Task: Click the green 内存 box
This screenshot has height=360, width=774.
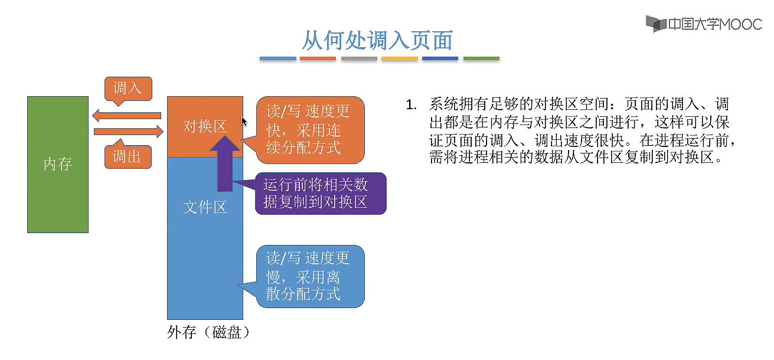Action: click(x=57, y=165)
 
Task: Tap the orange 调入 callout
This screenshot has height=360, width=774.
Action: click(x=128, y=89)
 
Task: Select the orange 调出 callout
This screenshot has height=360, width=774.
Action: click(x=128, y=157)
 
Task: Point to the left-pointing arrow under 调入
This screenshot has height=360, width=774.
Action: click(x=127, y=115)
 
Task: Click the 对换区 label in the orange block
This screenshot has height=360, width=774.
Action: click(x=204, y=126)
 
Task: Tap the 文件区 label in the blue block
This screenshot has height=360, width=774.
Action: click(x=204, y=207)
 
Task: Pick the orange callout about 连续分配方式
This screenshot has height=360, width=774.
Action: click(x=309, y=130)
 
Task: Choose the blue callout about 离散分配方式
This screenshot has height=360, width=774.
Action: click(x=309, y=276)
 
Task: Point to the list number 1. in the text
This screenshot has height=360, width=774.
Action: click(x=411, y=105)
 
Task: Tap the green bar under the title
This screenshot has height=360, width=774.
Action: click(x=481, y=59)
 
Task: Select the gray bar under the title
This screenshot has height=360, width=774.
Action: click(x=359, y=59)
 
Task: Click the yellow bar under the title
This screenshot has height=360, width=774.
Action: click(x=400, y=59)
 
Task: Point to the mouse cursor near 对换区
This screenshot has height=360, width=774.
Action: click(x=244, y=122)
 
